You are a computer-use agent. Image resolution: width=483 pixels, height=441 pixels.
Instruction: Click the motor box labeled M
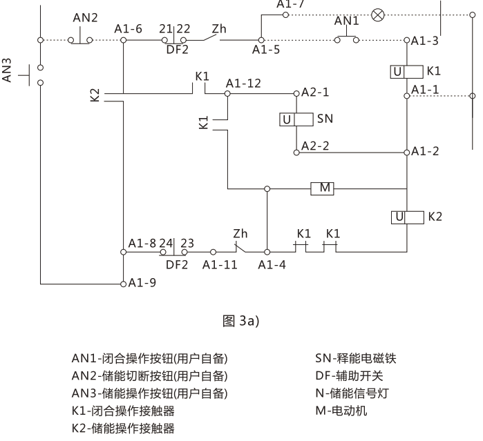(323, 188)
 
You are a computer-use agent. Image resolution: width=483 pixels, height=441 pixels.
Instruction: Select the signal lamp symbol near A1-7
(378, 14)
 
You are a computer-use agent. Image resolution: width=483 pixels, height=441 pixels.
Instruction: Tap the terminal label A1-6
(129, 29)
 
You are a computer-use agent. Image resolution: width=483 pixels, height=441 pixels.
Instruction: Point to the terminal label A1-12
(243, 83)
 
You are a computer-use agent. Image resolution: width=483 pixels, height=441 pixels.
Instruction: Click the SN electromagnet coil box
(296, 119)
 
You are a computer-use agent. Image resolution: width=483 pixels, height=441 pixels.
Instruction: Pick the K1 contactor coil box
(406, 71)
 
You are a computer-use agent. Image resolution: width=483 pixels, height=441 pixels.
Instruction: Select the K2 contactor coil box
(406, 217)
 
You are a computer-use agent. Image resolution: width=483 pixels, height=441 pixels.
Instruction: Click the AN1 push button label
(348, 21)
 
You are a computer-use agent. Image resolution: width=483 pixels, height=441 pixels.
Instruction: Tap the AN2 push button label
(86, 17)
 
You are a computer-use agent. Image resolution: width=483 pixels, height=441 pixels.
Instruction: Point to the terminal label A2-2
(315, 146)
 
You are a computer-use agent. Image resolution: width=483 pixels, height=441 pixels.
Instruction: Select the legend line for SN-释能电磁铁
(356, 358)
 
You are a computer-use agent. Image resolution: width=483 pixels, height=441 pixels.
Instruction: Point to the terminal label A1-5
(266, 50)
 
